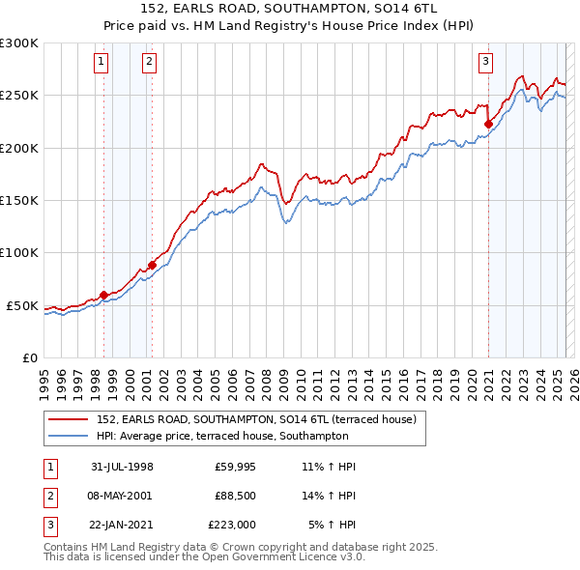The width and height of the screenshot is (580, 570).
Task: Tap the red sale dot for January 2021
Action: (x=488, y=124)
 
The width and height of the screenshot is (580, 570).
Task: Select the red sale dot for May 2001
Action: (x=152, y=265)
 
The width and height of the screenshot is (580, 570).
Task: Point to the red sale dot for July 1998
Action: (x=104, y=295)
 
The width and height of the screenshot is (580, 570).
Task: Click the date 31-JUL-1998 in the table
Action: (x=123, y=467)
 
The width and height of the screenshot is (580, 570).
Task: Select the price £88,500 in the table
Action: (x=236, y=496)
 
